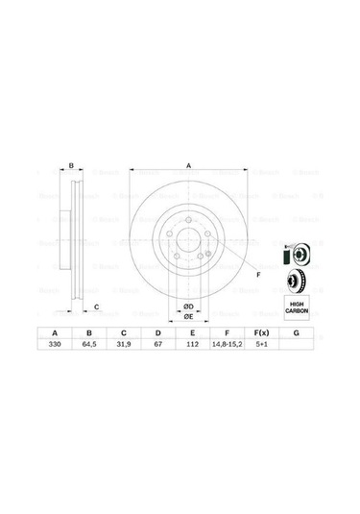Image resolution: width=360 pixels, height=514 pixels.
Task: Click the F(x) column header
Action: click(261, 332)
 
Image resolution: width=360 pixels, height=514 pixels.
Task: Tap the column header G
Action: click(296, 332)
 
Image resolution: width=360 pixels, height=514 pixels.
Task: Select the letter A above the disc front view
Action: click(188, 167)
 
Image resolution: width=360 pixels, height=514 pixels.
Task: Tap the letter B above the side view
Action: click(71, 167)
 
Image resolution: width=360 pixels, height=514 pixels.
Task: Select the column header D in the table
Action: click(158, 332)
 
